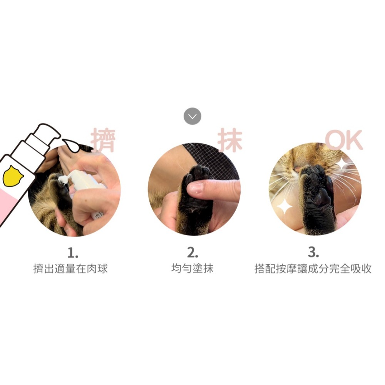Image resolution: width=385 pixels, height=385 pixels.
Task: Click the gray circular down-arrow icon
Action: pos(192,116)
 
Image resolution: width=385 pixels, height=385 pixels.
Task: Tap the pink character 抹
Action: pos(230,140)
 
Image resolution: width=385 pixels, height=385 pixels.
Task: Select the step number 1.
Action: pos(73,253)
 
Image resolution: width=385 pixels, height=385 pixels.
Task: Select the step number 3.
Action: pos(313,253)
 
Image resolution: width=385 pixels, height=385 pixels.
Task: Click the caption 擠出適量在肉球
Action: pos(70,269)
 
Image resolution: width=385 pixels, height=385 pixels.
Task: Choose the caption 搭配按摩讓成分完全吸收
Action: pos(313,269)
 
